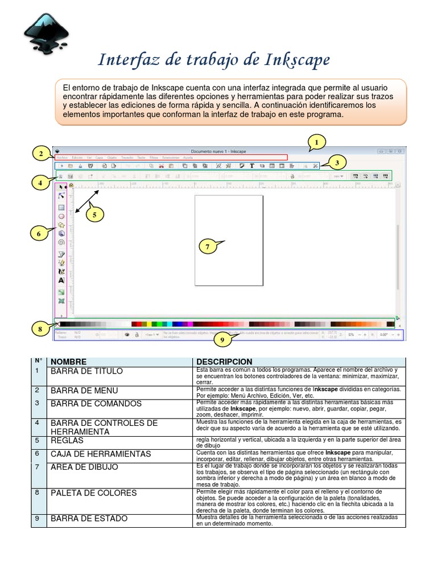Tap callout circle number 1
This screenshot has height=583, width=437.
coord(317,141)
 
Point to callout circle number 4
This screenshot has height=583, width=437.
coord(40,183)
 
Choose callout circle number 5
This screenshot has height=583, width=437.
coord(94,215)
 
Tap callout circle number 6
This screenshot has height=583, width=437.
coord(39,233)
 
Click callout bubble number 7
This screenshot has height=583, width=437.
coord(209,247)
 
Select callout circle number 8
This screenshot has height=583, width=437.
coord(40,329)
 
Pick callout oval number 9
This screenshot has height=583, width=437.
coord(222,340)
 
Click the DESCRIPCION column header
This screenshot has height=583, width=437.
coord(224,362)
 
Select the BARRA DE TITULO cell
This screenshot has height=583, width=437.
coord(86,371)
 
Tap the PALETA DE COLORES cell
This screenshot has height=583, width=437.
coord(94,492)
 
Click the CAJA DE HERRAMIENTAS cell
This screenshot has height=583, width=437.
coord(101,454)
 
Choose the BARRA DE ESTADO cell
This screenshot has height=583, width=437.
coord(89,519)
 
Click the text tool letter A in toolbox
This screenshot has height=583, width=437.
coord(61,280)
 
